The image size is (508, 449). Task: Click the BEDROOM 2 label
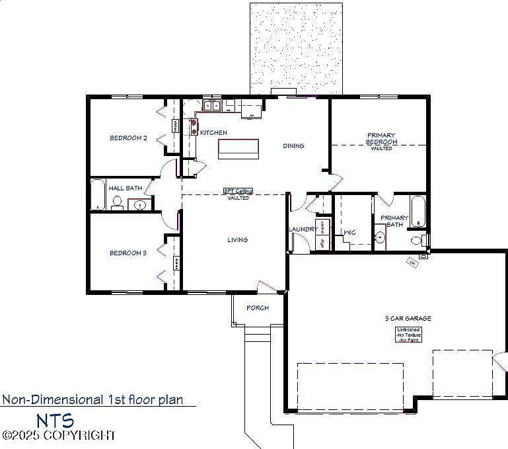128,138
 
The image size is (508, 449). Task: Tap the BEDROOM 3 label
128,253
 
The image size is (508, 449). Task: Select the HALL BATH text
126,188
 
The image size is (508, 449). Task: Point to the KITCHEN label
213,133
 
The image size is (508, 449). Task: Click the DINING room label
294,146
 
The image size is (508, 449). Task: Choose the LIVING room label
238,240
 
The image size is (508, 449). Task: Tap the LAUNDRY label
302,229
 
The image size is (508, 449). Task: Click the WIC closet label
349,233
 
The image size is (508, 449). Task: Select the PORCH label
258,308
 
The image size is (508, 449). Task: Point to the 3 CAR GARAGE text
408,319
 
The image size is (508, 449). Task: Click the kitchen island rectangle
238,149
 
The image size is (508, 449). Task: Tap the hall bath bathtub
98,194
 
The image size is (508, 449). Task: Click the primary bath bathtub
419,210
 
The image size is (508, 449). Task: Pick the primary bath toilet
417,240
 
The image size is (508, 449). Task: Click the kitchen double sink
211,105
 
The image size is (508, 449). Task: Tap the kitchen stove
194,126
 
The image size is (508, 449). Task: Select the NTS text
55,421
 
